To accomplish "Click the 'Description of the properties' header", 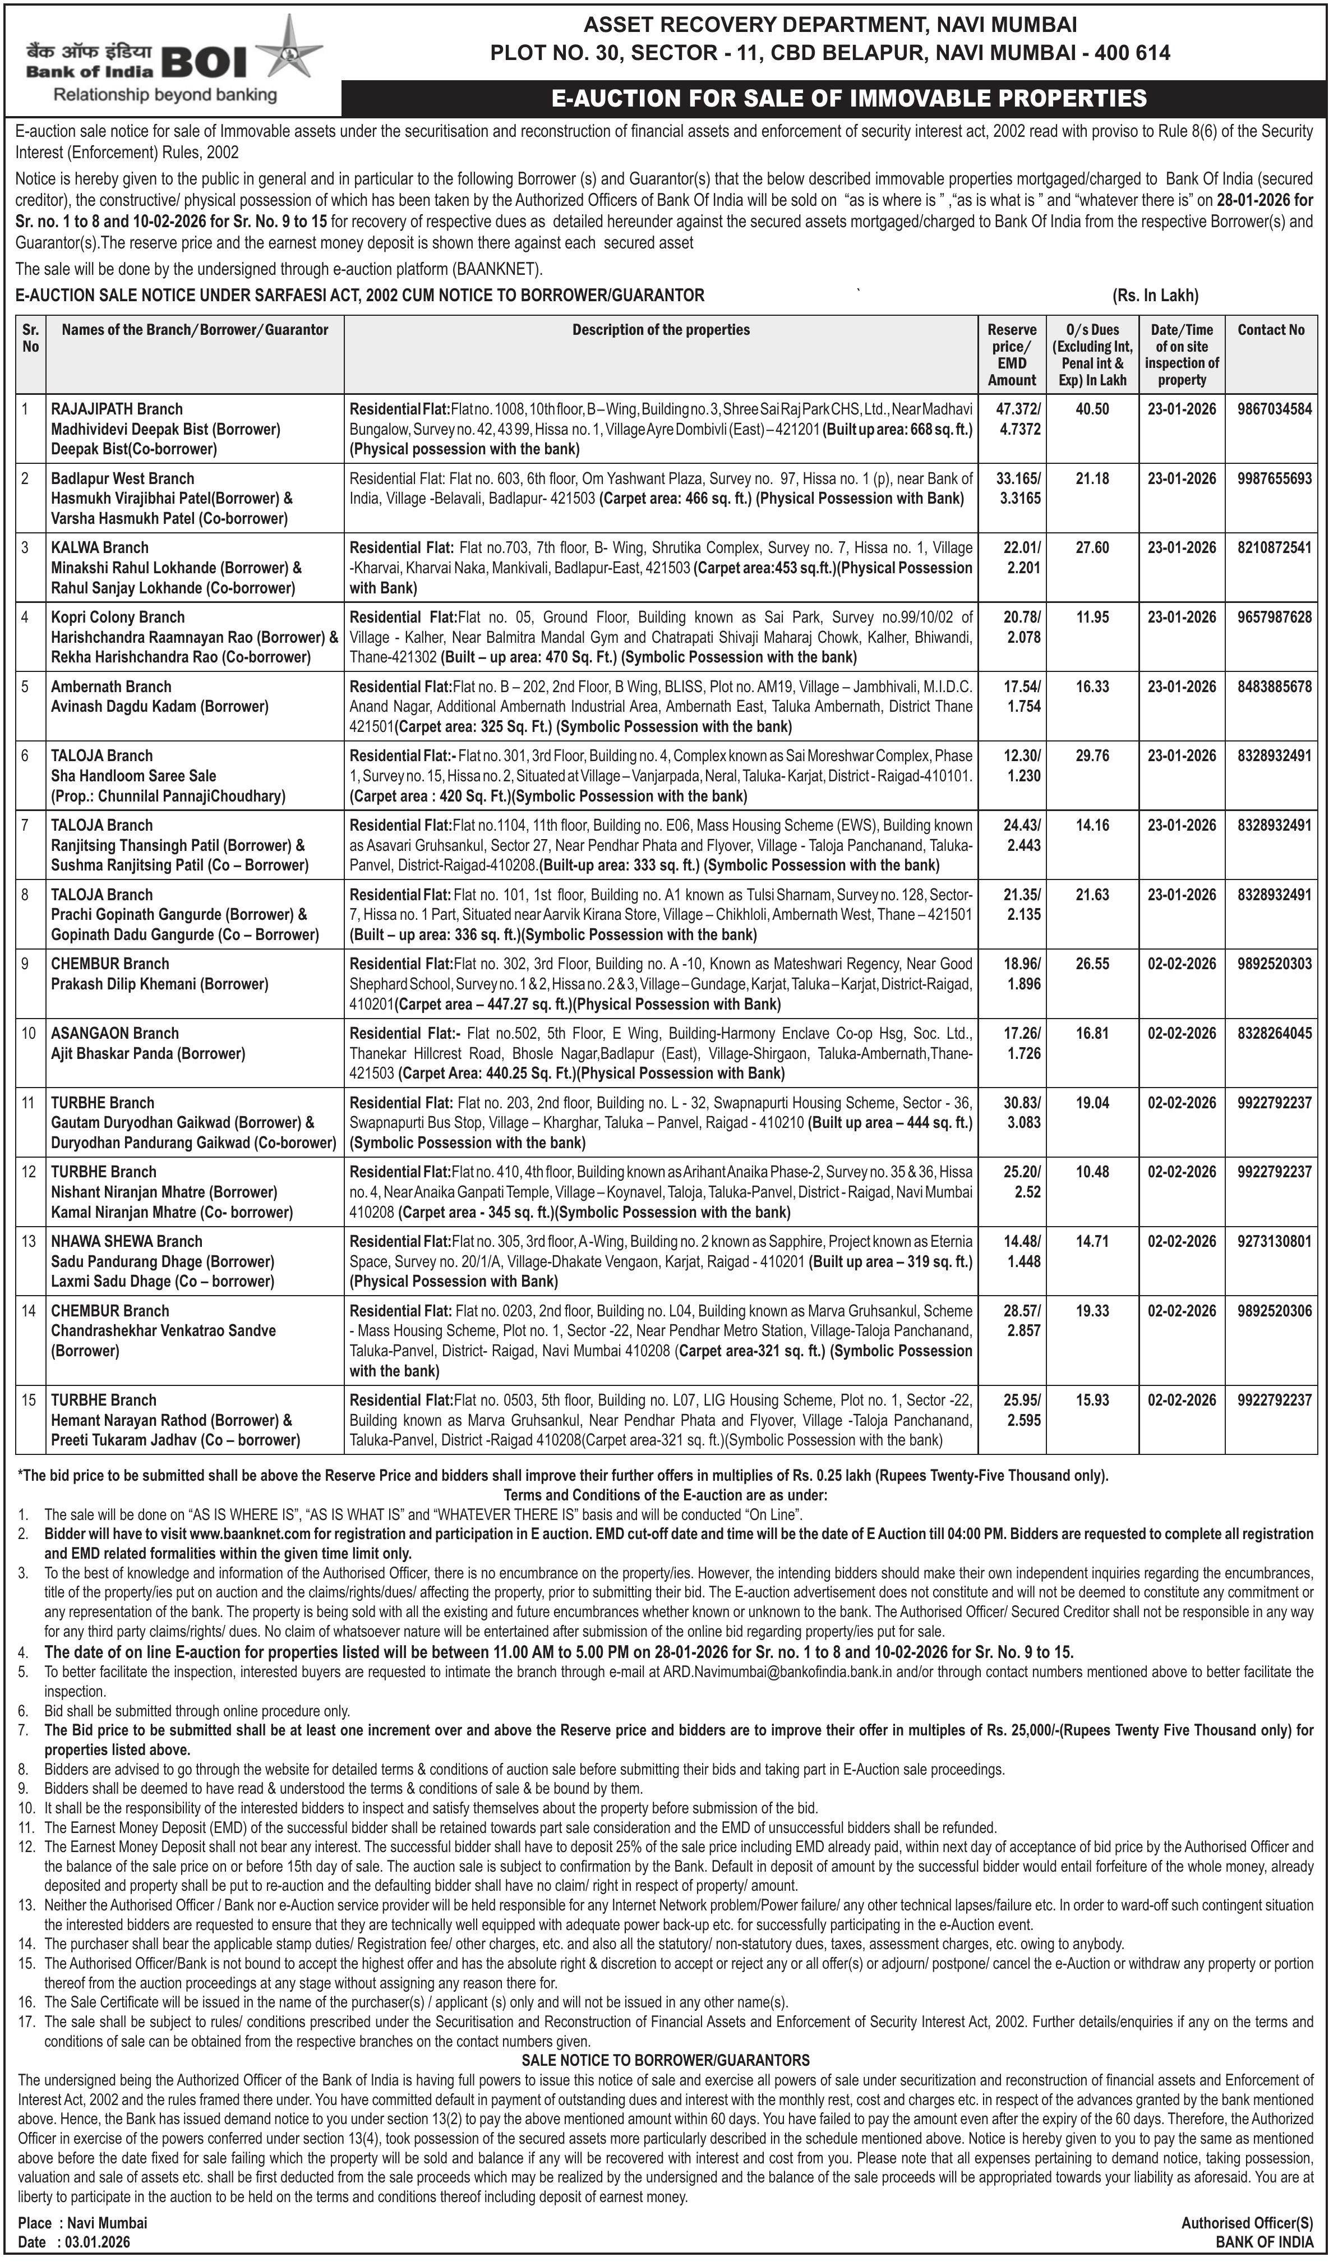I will pos(661,330).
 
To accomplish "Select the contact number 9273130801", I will pos(1274,1242).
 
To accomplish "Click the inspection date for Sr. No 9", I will pos(1181,964).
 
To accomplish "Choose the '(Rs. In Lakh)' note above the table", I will pos(1155,296).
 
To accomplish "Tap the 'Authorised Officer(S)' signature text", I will pos(1247,2223).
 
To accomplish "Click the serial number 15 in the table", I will pos(29,1401).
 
